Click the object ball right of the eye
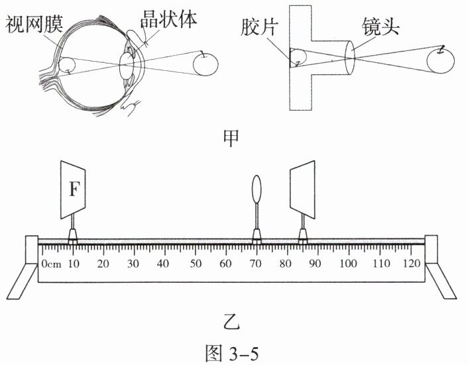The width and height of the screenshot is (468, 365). (x=207, y=66)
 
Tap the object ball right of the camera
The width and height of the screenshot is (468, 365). (x=440, y=61)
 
